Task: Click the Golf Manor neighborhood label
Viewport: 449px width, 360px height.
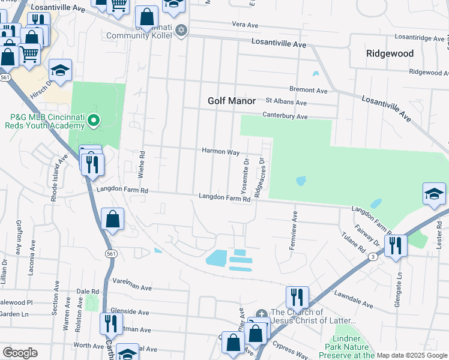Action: tap(232, 101)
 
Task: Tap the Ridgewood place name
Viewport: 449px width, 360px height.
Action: tap(390, 53)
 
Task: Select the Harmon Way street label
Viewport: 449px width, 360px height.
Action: tap(220, 152)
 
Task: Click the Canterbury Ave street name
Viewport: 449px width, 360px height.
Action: tap(285, 116)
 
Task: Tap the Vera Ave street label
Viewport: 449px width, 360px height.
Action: tap(245, 25)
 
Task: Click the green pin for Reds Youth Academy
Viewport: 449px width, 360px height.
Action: tap(93, 122)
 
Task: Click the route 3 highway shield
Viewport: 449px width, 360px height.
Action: tap(373, 257)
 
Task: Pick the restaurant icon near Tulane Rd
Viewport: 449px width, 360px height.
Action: tap(396, 246)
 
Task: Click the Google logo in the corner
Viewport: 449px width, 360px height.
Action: tap(20, 353)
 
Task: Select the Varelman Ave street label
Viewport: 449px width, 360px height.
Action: tap(132, 287)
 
